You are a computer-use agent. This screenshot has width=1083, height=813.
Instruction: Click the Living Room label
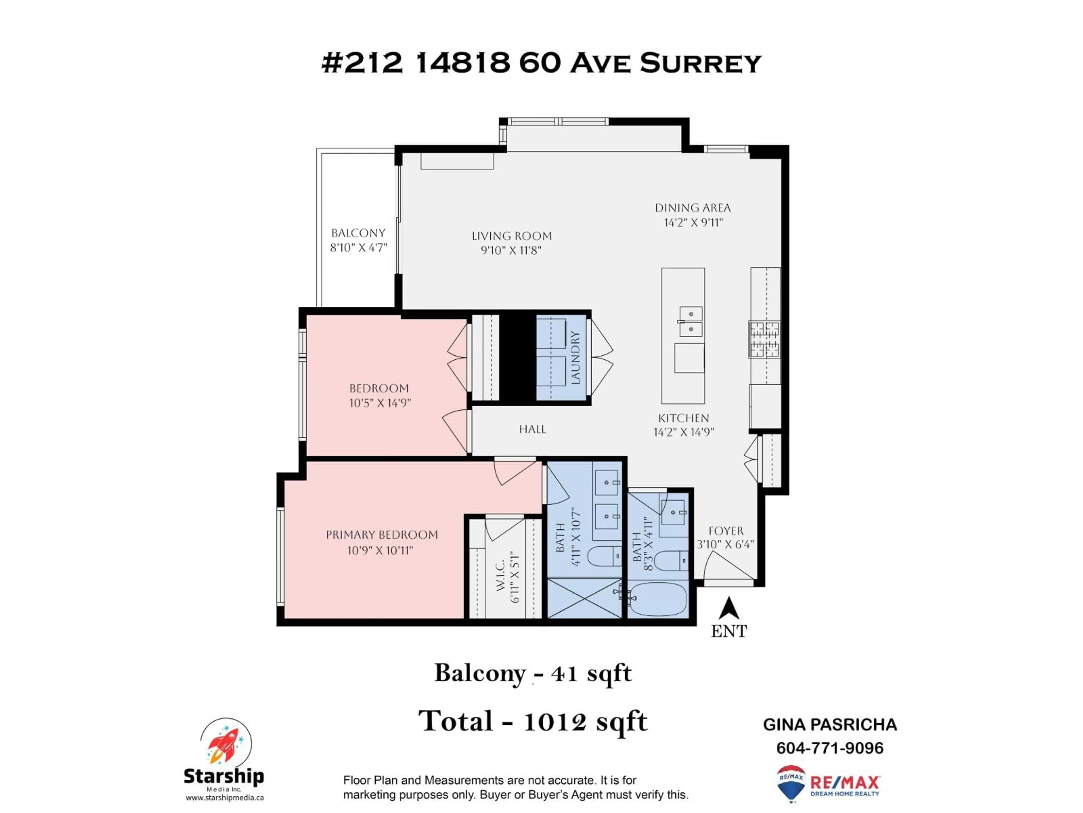(512, 236)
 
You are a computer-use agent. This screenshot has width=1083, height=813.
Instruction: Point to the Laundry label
(575, 358)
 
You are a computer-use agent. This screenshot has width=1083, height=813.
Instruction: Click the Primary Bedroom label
(382, 535)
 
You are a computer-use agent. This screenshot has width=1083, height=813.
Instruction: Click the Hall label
(532, 429)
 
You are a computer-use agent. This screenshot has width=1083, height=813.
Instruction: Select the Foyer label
(726, 531)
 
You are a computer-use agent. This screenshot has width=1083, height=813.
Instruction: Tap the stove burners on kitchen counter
(764, 339)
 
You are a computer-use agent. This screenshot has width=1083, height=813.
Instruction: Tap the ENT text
(728, 631)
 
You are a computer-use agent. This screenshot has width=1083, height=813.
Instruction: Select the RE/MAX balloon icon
(791, 783)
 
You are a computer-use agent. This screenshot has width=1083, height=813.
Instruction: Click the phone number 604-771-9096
(829, 748)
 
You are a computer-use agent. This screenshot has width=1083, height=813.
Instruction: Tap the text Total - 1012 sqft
(533, 721)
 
